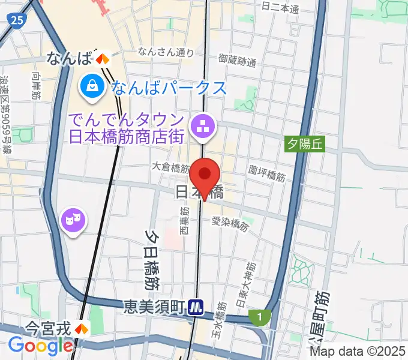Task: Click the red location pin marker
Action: click(x=205, y=176)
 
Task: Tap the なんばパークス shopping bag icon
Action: click(x=94, y=86)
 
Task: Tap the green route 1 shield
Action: click(x=259, y=316)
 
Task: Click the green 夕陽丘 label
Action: click(x=304, y=143)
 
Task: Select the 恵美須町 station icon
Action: click(x=196, y=307)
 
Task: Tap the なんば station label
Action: click(x=69, y=58)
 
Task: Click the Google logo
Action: click(x=40, y=346)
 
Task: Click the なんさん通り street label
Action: click(x=166, y=52)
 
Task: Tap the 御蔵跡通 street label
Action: click(x=237, y=59)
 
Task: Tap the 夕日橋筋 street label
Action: click(x=150, y=258)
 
